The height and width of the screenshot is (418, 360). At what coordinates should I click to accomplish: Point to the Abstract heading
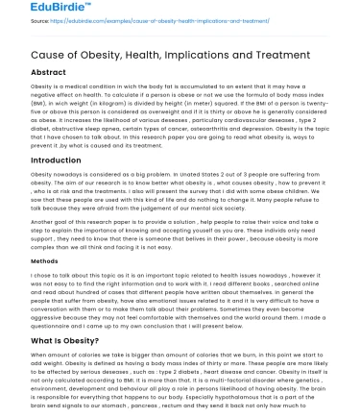[x=48, y=72]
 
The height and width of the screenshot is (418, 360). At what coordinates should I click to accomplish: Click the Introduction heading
[x=56, y=160]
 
